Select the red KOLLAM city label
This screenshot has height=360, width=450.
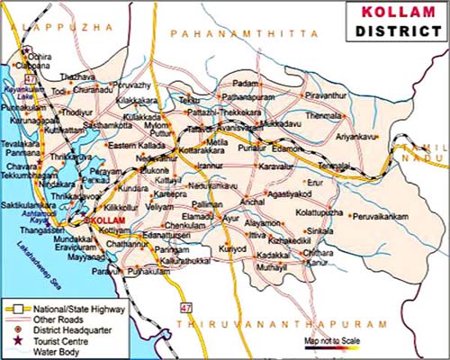coord(101,220)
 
